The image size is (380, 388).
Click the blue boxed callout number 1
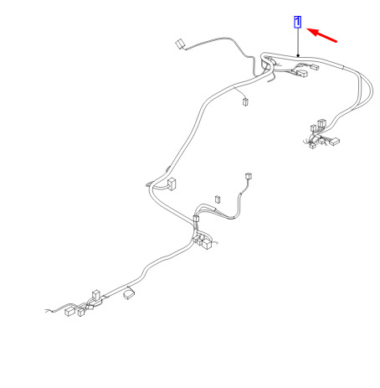pos(298,22)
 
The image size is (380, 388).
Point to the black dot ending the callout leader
pos(298,56)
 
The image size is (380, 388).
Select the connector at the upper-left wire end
pos(180,44)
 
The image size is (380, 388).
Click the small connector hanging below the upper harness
pos(245,102)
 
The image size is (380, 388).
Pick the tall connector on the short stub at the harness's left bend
pos(172,184)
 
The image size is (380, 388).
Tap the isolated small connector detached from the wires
pos(218,199)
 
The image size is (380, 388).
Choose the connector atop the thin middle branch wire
pos(249,176)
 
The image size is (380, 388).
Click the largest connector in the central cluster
pos(207,244)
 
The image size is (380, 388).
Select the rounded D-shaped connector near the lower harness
pos(129,294)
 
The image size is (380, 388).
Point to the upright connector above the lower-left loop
pos(95,296)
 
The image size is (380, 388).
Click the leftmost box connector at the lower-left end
pos(70,311)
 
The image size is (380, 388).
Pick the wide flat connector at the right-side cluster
pos(334,142)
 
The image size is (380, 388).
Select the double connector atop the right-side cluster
pos(322,123)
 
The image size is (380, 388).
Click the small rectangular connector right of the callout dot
pos(315,67)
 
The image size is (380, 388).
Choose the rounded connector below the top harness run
pos(302,74)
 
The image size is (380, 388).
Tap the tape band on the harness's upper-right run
pos(343,67)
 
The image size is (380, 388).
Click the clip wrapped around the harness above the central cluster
pos(196,219)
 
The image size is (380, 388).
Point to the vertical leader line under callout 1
pos(298,41)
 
